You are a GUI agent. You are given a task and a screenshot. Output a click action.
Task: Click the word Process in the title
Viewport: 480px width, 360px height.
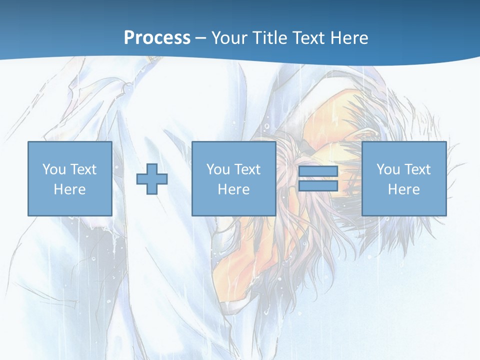[157, 38]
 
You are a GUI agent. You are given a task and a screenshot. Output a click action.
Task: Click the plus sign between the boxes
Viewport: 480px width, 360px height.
[152, 179]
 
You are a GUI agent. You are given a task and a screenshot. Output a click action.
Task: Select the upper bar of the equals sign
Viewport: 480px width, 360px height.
[318, 171]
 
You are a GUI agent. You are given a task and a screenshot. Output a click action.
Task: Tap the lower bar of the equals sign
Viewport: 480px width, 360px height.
[318, 186]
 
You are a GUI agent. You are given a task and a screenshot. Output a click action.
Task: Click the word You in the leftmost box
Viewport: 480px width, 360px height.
[54, 169]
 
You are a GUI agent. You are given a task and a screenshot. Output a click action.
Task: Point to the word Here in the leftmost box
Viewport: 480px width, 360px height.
[69, 189]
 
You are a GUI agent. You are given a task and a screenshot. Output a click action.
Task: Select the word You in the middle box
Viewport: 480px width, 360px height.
[218, 169]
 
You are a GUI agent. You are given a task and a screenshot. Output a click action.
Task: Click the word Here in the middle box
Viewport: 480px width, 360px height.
[233, 189]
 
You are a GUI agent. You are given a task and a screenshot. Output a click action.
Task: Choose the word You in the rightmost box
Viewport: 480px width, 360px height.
[388, 169]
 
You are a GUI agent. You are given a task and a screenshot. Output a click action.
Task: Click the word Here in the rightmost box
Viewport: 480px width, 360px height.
[403, 189]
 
